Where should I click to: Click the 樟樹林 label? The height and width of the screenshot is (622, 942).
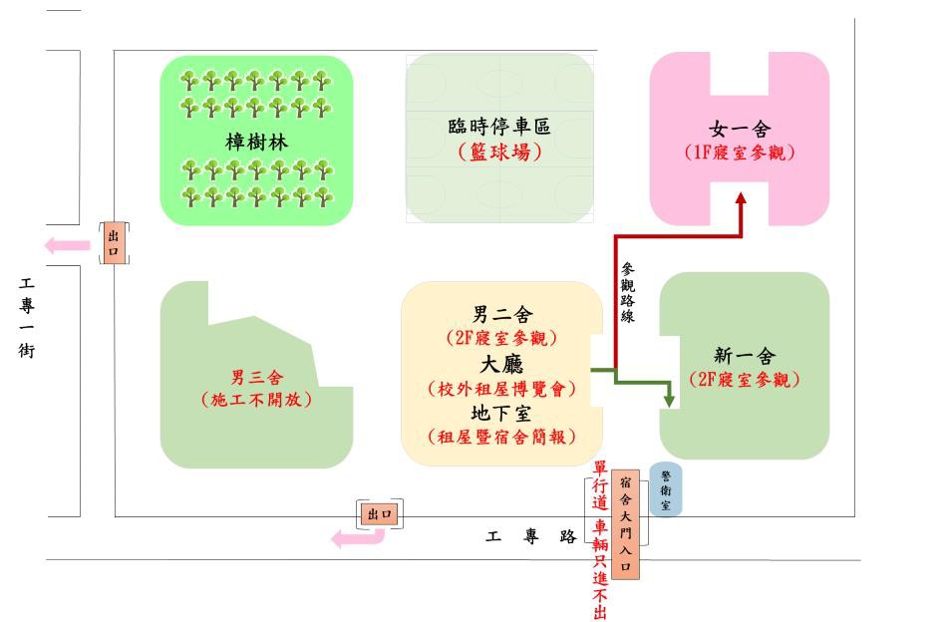(256, 142)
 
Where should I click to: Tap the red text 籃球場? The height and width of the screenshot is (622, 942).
(499, 153)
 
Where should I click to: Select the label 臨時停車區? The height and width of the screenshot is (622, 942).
(499, 127)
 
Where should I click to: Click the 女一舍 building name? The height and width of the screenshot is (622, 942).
(740, 130)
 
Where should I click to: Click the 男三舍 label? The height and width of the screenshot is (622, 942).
(256, 377)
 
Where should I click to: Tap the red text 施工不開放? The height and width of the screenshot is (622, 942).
(256, 400)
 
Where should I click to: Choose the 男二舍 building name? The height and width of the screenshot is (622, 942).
(502, 315)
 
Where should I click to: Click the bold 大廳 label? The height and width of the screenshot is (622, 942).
(502, 364)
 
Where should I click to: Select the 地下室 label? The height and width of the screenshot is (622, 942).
(502, 412)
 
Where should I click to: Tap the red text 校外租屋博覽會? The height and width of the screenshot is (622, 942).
(502, 389)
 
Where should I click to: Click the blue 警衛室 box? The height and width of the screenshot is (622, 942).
(665, 489)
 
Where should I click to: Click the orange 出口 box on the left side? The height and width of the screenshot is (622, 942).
(114, 243)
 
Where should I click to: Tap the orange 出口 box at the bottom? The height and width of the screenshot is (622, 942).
(381, 513)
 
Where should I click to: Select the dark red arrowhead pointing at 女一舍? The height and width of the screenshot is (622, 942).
(741, 198)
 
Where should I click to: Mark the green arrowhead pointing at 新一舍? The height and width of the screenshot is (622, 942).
(670, 400)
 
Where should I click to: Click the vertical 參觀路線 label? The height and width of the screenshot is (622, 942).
(628, 291)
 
